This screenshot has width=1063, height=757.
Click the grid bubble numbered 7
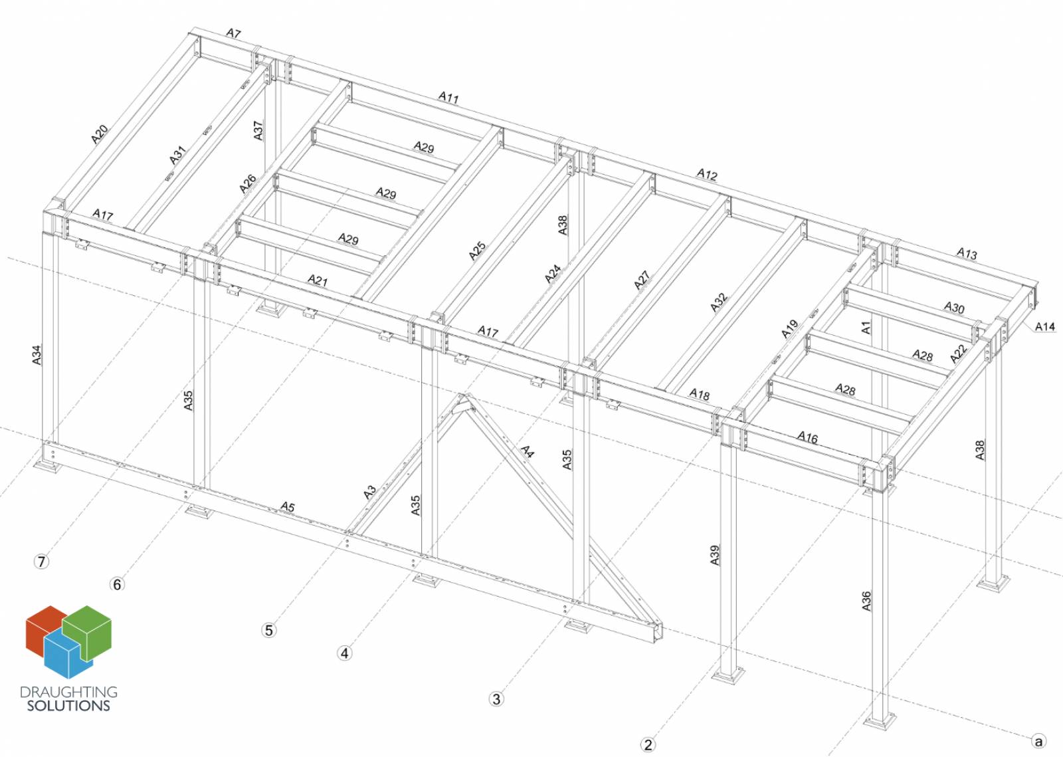[x=41, y=562]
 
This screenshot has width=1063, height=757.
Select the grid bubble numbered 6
[x=117, y=584]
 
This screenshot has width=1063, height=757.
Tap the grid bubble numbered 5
[x=269, y=630]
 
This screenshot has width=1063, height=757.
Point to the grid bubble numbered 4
[x=345, y=653]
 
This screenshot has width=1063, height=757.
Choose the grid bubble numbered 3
[x=496, y=699]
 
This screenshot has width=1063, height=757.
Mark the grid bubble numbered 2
[x=648, y=744]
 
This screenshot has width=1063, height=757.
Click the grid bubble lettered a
[x=1039, y=741]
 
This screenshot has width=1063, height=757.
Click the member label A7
[x=233, y=33]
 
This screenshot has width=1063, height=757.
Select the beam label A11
[x=448, y=97]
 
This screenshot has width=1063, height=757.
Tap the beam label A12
[x=707, y=175]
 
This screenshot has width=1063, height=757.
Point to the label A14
[x=1044, y=326]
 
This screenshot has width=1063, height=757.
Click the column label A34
[x=37, y=354]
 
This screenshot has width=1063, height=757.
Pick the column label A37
[x=258, y=130]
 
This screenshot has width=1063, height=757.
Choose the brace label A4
[x=528, y=451]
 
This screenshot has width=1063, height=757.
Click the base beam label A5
[x=287, y=507]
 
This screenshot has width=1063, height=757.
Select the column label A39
[x=715, y=556]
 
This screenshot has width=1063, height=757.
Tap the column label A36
[x=866, y=601]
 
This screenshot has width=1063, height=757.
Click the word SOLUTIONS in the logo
[x=68, y=706]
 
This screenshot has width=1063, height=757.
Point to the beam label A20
[x=100, y=134]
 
